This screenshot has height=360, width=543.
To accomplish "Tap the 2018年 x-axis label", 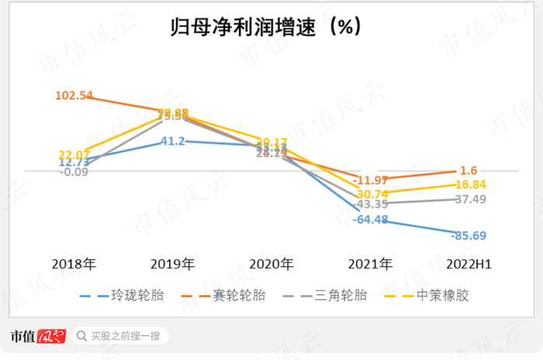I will pos(74,264).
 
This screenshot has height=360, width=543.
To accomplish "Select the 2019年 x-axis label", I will pos(173,264).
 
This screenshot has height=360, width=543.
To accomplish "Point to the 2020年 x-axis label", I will pos(272,264).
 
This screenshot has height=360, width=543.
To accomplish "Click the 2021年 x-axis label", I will pos(371,264).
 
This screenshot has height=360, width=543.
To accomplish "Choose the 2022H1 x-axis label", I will pos(469,264).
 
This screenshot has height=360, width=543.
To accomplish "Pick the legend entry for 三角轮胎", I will pos(342,295).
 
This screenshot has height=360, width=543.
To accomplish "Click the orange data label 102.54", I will pos(74,95).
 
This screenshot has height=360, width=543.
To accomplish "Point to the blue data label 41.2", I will pos(171,141).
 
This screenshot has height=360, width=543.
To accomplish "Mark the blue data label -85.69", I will pos(476,235).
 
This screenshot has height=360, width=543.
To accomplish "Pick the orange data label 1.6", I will pos(468,171).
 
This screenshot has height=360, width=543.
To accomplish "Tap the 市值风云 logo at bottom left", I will pos(37,336).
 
